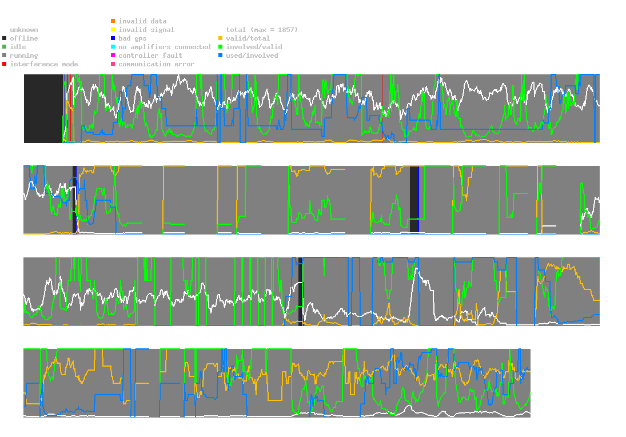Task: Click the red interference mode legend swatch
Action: [5, 64]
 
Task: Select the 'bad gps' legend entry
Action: [132, 38]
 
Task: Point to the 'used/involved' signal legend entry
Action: [252, 55]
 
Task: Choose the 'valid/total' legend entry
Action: [248, 38]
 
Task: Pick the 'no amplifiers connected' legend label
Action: [165, 47]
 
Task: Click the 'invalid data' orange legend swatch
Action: [113, 21]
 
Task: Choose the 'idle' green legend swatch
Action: [5, 47]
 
